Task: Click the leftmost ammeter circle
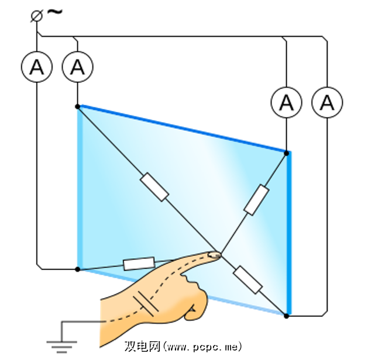click(x=37, y=68)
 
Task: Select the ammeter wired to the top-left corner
click(x=77, y=68)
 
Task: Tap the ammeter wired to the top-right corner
click(x=286, y=103)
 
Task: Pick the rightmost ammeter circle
click(x=327, y=103)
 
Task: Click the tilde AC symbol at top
click(x=54, y=12)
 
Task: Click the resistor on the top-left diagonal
click(x=154, y=186)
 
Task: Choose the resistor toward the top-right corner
click(x=256, y=200)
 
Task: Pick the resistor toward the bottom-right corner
click(x=247, y=279)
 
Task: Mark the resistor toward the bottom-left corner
click(x=139, y=264)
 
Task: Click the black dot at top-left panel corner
click(x=78, y=106)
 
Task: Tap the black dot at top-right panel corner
click(x=287, y=153)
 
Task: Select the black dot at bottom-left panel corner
click(x=78, y=269)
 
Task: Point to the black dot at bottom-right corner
click(x=286, y=316)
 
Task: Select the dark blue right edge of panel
click(x=289, y=234)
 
